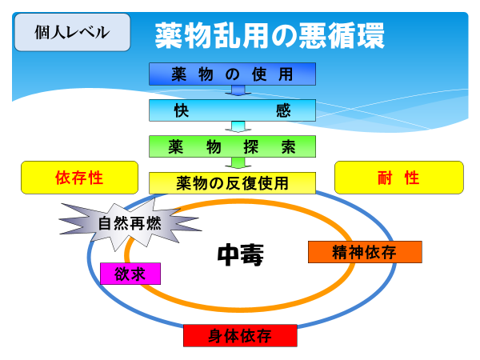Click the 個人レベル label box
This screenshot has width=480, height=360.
click(72, 33)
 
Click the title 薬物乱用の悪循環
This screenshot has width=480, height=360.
click(270, 34)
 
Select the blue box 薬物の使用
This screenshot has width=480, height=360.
click(232, 74)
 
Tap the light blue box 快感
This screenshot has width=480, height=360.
click(232, 110)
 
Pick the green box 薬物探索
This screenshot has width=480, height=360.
click(232, 146)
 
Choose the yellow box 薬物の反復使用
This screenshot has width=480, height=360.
click(232, 182)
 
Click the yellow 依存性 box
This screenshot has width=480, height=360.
click(79, 178)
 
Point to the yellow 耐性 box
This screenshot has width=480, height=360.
click(398, 178)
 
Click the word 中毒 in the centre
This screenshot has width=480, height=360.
click(241, 254)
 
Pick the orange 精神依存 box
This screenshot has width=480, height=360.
click(364, 252)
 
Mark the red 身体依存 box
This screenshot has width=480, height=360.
click(240, 335)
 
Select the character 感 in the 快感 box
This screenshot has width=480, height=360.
click(283, 110)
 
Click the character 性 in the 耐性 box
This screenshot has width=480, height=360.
click(412, 178)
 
